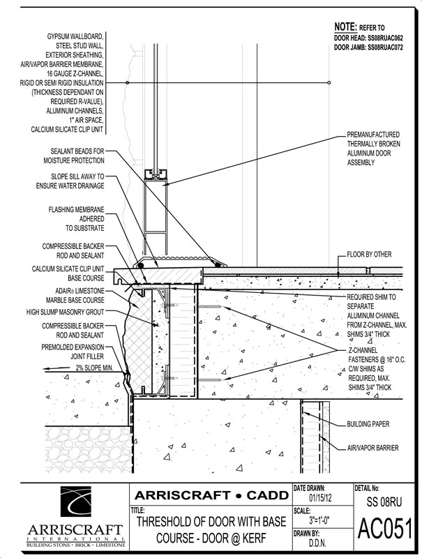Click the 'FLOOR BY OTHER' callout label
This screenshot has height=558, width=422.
coord(369,255)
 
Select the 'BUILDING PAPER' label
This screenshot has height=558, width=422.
coord(368,424)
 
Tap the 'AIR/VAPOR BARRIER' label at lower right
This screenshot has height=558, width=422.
coord(373,448)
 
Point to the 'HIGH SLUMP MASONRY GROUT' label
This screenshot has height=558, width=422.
coord(65,312)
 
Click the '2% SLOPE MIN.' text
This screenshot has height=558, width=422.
coord(94,368)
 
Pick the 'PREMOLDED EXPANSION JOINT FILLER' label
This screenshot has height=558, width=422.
coord(73,352)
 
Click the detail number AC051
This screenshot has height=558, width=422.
coord(384,529)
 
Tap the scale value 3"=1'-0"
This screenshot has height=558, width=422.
coord(319,520)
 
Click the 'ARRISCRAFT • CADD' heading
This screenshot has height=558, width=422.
coord(212,495)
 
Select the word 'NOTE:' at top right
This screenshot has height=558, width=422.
coord(345,27)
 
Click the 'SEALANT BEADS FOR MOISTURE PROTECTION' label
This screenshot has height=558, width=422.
coord(74,156)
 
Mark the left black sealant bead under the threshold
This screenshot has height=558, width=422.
coord(142,266)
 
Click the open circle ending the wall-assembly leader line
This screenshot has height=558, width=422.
coord(329,82)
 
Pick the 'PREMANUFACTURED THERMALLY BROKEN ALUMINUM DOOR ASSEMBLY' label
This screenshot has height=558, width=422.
coord(373,149)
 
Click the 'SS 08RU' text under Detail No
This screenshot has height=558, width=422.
coord(384,502)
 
